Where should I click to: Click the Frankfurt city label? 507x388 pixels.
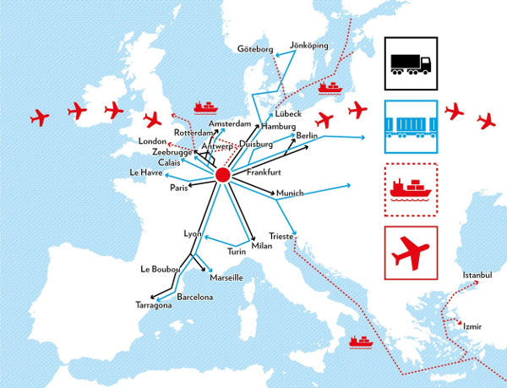tap(264, 172)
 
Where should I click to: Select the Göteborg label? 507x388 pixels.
tap(256, 48)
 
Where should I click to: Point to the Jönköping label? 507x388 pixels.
tap(308, 44)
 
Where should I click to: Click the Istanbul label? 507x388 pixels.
tap(477, 275)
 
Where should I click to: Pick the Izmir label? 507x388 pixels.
tap(472, 325)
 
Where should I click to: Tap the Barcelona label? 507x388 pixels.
tap(195, 297)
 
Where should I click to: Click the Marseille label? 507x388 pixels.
tap(225, 276)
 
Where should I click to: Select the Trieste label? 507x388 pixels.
tap(281, 237)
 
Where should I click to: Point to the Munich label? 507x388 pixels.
tap(290, 193)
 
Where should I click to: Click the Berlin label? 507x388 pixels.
tap(306, 135)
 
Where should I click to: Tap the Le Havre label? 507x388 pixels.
tap(145, 172)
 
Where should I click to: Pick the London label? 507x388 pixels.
tap(154, 141)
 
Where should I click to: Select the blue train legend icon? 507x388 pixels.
tap(412, 128)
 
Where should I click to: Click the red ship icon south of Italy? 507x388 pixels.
tap(361, 342)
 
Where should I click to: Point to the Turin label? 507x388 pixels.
tap(237, 251)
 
